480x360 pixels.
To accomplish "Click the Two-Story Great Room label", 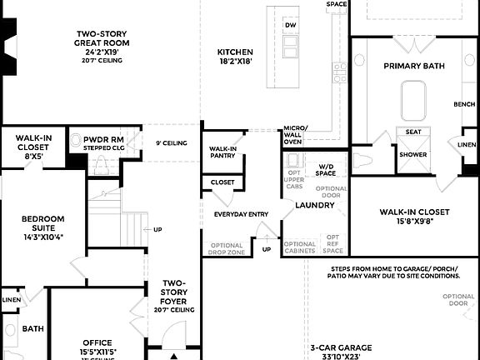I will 101,42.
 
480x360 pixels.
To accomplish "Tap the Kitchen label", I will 235,55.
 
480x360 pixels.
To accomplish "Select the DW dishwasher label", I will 290,26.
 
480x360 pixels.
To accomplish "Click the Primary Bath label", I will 413,66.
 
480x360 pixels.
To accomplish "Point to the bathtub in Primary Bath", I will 413,101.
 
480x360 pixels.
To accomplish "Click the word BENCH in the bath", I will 464,105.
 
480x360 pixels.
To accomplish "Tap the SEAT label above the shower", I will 412,132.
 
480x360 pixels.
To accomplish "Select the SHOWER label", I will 412,154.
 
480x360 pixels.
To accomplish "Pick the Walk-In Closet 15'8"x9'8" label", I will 414,216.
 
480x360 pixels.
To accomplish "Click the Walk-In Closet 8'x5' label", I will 34,146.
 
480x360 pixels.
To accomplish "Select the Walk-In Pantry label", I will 222,151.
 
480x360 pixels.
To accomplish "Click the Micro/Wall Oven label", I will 295,135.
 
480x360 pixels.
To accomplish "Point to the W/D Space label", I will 326,170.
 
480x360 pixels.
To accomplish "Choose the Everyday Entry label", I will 241,214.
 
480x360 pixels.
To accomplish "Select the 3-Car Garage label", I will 341,351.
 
